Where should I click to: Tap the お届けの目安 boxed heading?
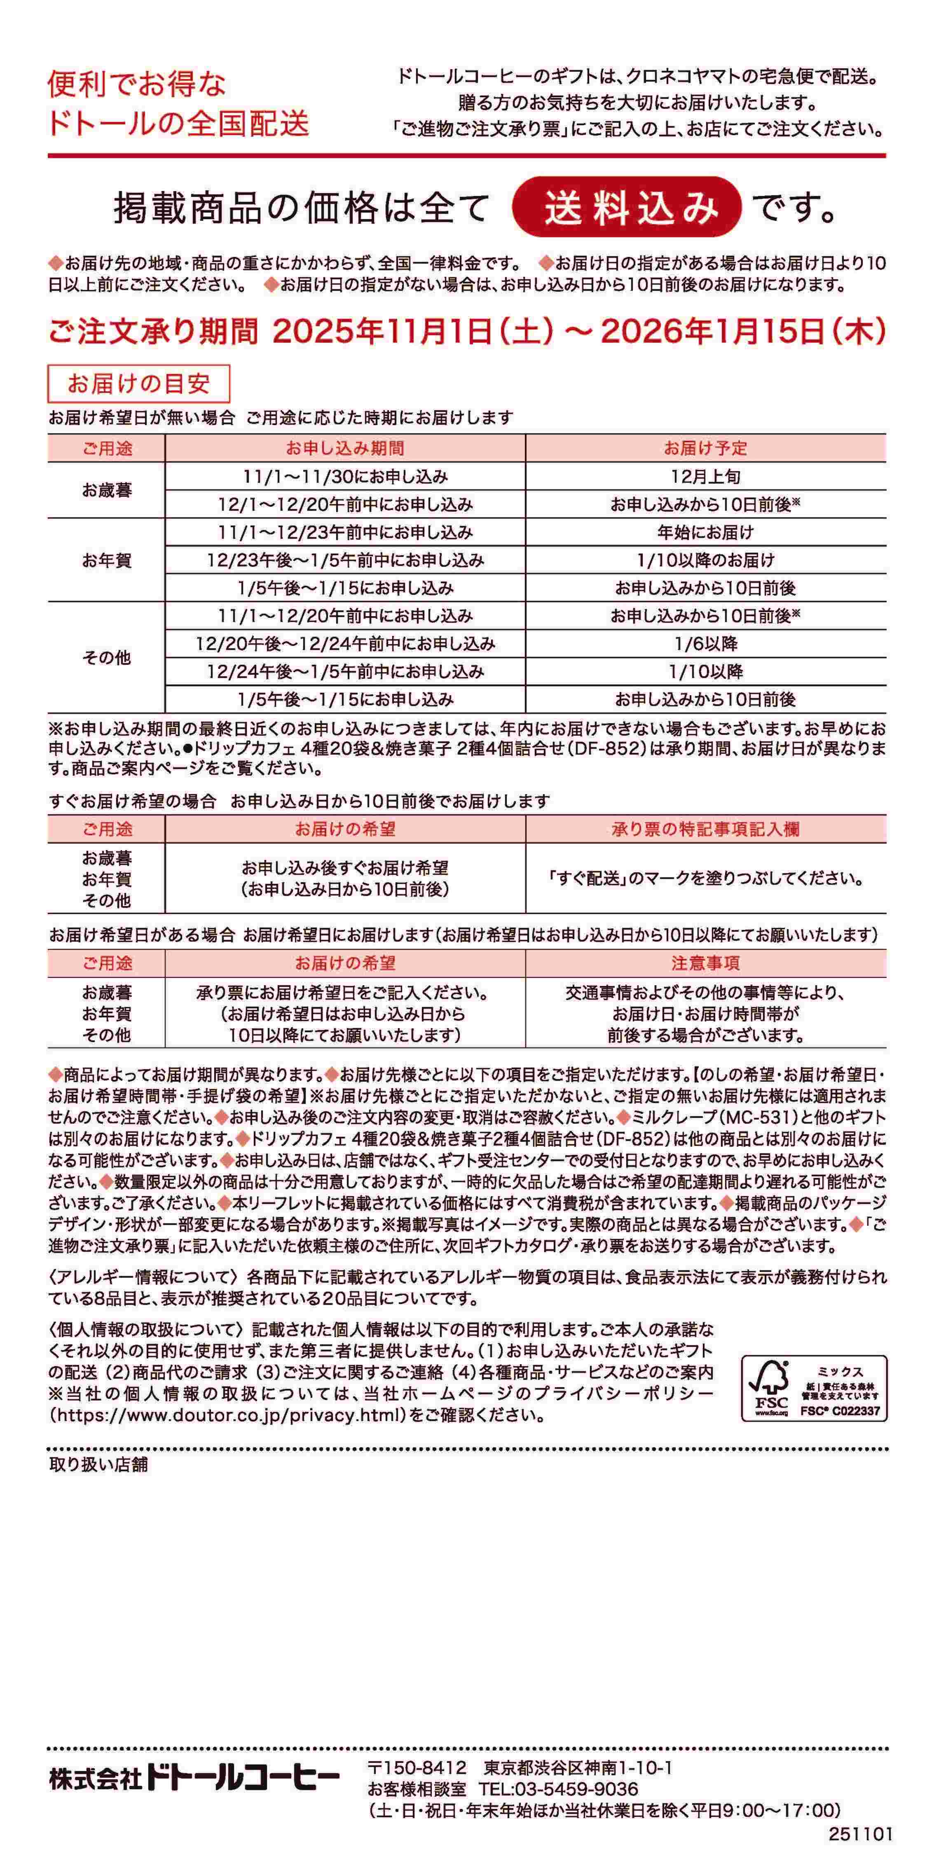138,384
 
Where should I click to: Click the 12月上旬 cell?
705,477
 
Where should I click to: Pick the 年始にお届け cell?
705,532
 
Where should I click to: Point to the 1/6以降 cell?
705,644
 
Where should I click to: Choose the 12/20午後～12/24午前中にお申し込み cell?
345,644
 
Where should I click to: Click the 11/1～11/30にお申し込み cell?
345,477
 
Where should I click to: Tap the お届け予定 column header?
705,448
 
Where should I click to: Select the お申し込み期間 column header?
345,448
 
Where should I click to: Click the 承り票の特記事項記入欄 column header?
705,829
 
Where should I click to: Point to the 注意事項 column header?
705,964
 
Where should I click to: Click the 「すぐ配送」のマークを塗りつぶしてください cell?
705,879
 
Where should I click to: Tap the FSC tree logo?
771,1388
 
